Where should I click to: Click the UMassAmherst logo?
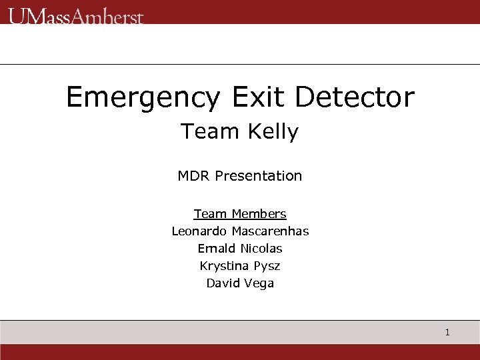point(75,16)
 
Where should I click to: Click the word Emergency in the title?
point(142,98)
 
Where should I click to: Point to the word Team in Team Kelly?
point(210,131)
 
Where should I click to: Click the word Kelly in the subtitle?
point(273,132)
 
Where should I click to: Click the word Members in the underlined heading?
point(259,214)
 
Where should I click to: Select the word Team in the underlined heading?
point(210,214)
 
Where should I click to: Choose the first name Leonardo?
point(199,231)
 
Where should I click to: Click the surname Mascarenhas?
point(270,231)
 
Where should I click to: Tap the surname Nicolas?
point(261,249)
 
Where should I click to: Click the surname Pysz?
point(267,267)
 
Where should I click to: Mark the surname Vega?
point(259,284)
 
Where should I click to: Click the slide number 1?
point(447,332)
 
